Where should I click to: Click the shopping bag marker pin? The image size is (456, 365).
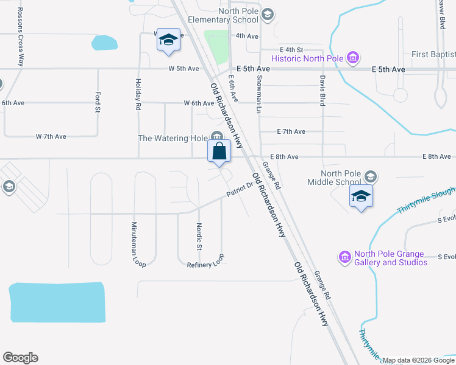click(219, 151)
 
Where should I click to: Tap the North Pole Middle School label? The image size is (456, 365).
click(341, 177)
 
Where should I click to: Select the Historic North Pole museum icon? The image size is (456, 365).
click(352, 58)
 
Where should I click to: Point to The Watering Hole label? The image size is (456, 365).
click(173, 138)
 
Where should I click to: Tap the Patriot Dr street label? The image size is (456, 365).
click(239, 189)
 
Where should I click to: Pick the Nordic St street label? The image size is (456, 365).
click(199, 237)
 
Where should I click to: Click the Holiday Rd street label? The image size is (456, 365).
click(138, 94)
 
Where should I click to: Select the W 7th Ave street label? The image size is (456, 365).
click(51, 136)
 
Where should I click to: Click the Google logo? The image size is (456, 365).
click(20, 358)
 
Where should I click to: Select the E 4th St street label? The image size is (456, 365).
click(291, 49)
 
